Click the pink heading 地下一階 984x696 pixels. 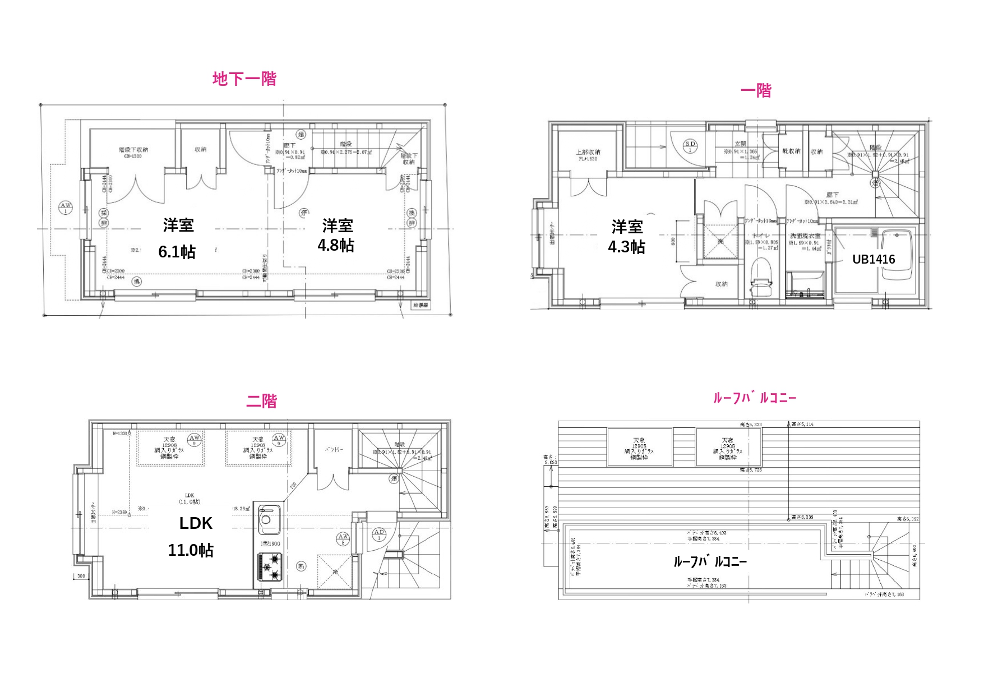pos(244,79)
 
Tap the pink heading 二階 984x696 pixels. pos(261,402)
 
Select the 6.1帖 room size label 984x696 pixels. pos(177,252)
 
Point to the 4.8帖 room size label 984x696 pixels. pos(336,245)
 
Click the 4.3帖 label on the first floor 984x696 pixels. pos(627,247)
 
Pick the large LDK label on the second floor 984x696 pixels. pos(196,523)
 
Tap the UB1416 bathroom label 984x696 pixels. pos(874,259)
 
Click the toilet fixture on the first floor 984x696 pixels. pos(761,278)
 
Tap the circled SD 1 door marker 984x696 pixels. pos(691,146)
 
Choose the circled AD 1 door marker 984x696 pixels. pos(379,534)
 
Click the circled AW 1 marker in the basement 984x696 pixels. pos(66,208)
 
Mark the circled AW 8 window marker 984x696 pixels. pos(343,539)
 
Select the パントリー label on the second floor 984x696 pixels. pos(334,449)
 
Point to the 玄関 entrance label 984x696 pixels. pos(740,144)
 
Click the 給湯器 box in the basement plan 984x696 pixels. pos(421,306)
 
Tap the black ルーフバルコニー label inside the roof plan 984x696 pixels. pos(710,561)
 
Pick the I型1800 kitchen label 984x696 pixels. pos(270,543)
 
